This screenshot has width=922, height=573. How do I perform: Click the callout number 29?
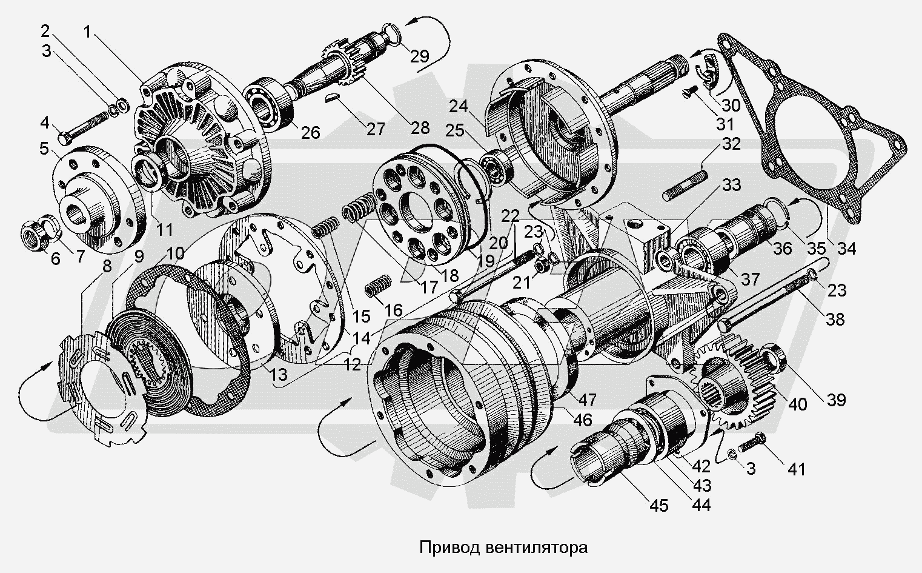tap(419, 56)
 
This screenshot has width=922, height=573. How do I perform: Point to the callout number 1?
tap(89, 32)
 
